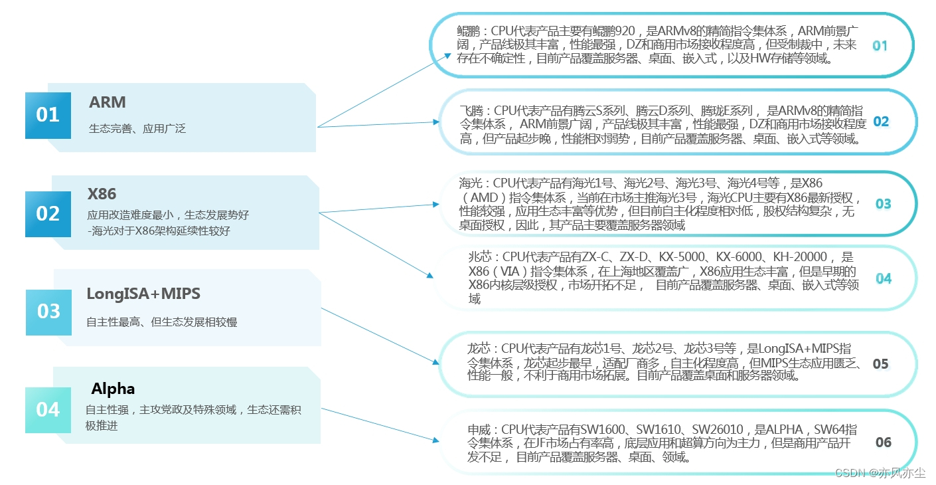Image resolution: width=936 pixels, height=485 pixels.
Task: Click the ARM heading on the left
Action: [107, 102]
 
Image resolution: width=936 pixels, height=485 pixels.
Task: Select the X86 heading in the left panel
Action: [102, 194]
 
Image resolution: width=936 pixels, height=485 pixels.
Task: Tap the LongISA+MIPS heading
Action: [143, 294]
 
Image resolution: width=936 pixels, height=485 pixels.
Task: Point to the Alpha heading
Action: [113, 389]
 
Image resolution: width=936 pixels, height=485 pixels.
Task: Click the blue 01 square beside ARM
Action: [48, 115]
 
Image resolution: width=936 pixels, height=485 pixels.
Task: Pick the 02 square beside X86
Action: [48, 213]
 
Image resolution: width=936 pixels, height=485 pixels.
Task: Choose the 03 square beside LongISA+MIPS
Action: [48, 311]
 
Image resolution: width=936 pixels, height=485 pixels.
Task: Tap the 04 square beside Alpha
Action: [48, 409]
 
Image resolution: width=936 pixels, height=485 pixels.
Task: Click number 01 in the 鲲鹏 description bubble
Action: [880, 46]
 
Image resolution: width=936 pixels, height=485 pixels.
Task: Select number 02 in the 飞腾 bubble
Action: [880, 122]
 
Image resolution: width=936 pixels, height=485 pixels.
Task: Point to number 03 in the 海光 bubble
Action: [883, 204]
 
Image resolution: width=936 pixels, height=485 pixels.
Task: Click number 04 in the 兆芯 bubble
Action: [884, 279]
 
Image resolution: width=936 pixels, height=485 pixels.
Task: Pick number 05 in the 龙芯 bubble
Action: [880, 364]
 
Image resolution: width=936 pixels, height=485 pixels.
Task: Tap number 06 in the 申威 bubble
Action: [883, 442]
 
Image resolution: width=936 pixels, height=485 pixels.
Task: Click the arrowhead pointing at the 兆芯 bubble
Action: [430, 275]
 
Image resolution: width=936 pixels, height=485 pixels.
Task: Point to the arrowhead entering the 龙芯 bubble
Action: [435, 363]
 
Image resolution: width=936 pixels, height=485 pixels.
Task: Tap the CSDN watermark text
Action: [880, 473]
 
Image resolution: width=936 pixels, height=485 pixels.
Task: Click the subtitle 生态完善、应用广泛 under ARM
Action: [137, 129]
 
